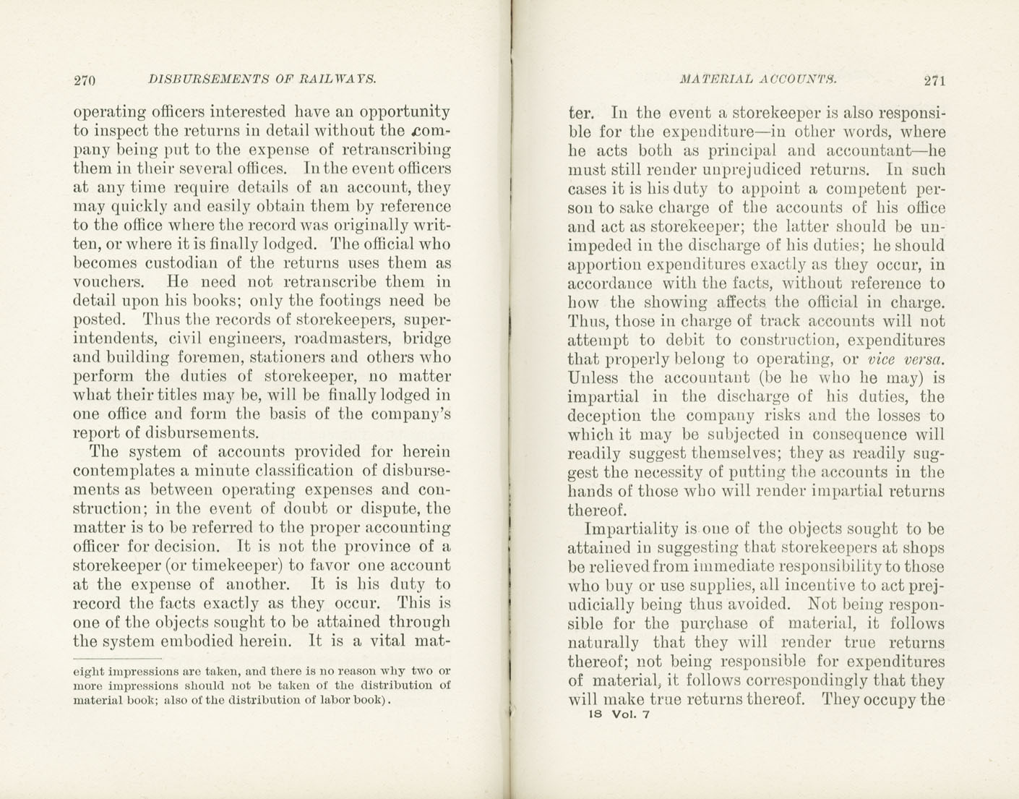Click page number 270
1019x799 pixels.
(85, 80)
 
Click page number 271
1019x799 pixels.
(934, 80)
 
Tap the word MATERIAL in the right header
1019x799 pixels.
(713, 79)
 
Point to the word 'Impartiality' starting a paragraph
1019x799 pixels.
(630, 529)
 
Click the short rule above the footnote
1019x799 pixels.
(117, 659)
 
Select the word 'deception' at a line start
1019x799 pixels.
(604, 416)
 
